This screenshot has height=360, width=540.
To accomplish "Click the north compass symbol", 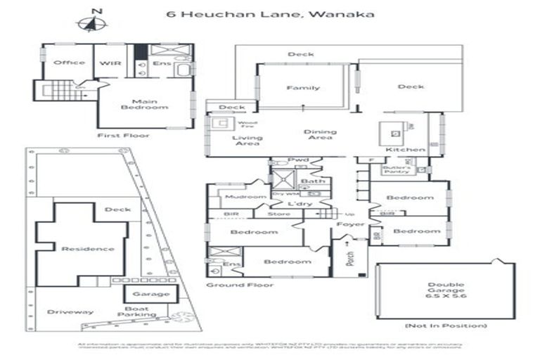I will pyautogui.click(x=91, y=22).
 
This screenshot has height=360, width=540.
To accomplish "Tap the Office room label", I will pyautogui.click(x=69, y=63).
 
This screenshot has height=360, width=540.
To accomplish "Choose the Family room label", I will pyautogui.click(x=302, y=88).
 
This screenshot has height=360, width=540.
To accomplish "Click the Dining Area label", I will pyautogui.click(x=320, y=134).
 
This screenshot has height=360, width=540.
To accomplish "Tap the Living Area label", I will pyautogui.click(x=247, y=141).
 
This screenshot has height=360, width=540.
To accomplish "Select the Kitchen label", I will pyautogui.click(x=406, y=150).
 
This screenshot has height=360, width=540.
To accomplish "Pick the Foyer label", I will pyautogui.click(x=350, y=224).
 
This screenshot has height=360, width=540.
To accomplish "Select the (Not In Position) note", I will pyautogui.click(x=446, y=326).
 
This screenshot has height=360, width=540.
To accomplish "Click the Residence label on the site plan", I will pyautogui.click(x=87, y=249).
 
